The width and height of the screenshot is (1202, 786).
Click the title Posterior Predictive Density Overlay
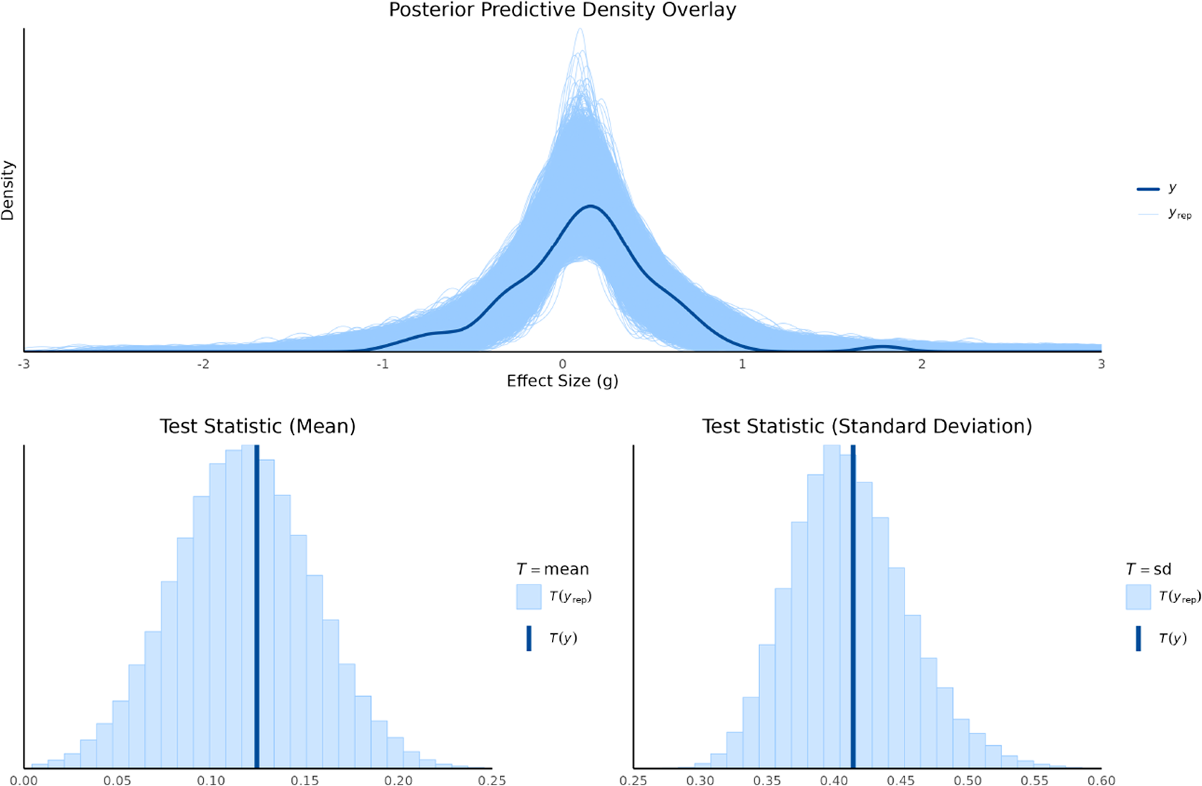562,10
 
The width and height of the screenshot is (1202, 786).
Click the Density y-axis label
8,190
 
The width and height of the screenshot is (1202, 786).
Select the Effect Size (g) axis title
562,381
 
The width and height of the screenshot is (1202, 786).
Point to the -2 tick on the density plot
203,364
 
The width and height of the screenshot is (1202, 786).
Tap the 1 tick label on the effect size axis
742,364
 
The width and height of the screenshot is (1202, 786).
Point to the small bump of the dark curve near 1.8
882,347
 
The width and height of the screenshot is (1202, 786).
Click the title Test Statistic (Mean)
257,427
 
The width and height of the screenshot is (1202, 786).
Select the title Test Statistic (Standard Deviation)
867,427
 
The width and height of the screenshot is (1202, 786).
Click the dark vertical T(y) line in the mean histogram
257,607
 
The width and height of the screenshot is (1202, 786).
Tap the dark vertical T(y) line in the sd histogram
853,607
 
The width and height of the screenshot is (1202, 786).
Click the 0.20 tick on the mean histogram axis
398,780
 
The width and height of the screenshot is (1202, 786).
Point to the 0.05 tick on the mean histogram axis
118,780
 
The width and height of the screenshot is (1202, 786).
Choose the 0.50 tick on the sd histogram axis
968,780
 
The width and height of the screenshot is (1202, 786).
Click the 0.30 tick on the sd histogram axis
700,780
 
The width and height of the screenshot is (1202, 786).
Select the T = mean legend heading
553,569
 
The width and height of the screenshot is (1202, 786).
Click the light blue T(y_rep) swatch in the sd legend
1138,597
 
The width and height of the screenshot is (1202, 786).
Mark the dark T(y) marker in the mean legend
529,638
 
